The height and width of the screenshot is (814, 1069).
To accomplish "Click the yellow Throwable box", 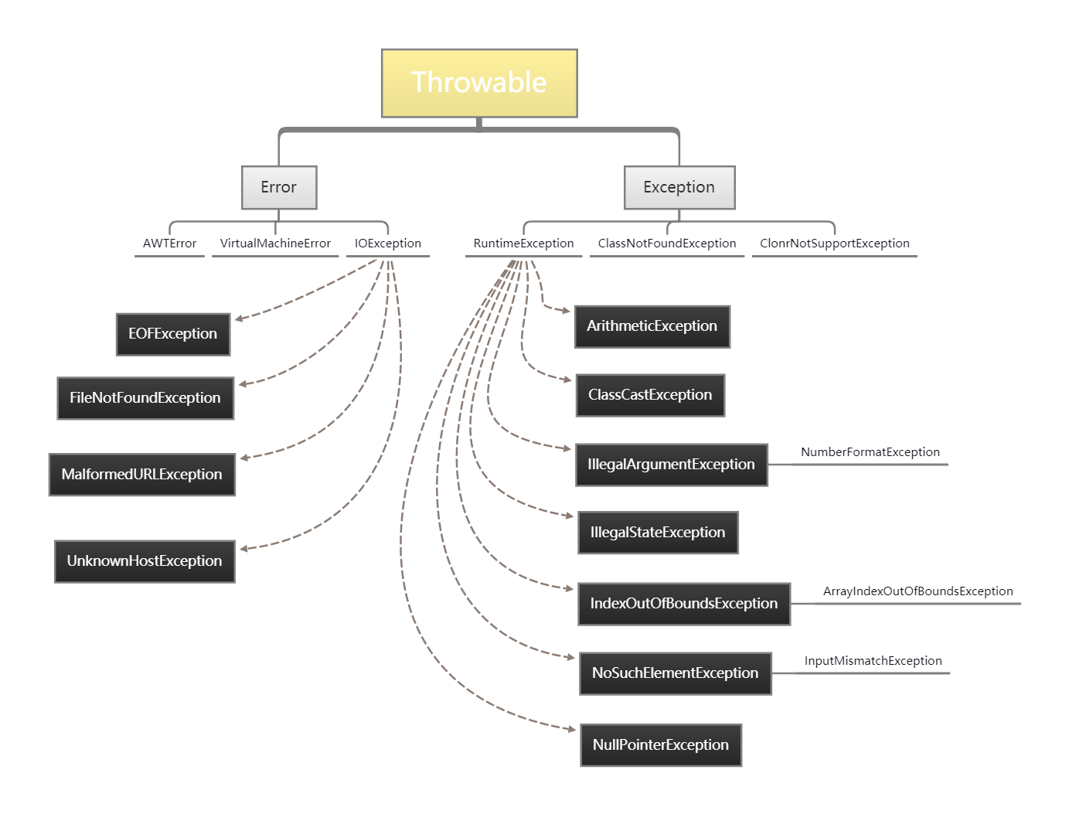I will [479, 83].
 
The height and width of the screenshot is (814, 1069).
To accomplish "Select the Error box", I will [279, 187].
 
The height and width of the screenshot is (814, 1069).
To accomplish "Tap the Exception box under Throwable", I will [679, 187].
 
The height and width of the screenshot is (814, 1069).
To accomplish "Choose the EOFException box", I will [173, 334].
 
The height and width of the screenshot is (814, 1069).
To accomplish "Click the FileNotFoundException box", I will [145, 398].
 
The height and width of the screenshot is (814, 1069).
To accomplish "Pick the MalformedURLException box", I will [142, 475].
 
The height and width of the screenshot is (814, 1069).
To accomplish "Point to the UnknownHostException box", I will [145, 561].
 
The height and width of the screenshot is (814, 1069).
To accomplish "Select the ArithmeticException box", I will [652, 326].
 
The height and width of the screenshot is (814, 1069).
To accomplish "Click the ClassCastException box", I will [650, 395].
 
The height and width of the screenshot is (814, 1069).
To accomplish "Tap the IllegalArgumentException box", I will [672, 465].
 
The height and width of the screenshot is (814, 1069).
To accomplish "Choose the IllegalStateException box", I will [659, 533].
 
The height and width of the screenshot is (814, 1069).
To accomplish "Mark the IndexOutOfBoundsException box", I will [684, 604].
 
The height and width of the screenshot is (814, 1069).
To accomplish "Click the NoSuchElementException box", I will [676, 673].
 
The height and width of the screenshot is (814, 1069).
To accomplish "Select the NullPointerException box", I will [661, 745].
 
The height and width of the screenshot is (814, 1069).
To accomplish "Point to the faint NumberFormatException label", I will [870, 452].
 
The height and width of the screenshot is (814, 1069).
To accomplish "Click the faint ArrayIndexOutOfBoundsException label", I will [918, 591].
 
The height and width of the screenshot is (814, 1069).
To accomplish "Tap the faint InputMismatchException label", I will [873, 661].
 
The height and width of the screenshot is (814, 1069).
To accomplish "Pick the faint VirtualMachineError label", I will [275, 244].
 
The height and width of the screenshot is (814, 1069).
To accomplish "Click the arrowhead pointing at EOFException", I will [239, 318].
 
